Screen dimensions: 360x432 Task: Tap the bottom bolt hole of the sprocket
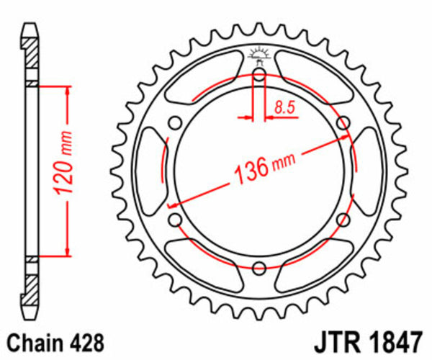pos(259,266)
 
